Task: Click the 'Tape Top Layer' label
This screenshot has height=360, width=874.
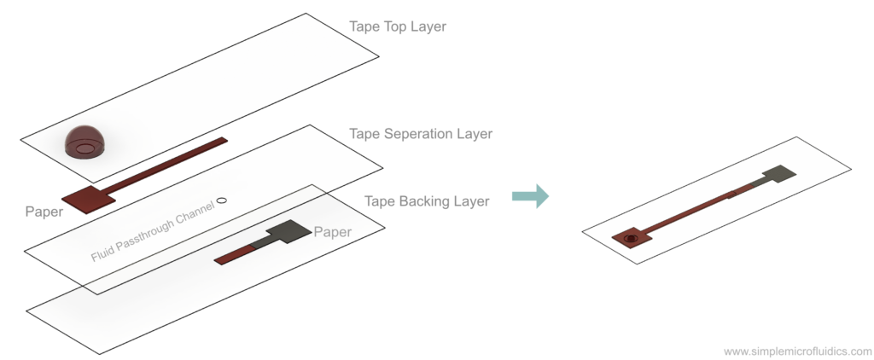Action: pos(398,26)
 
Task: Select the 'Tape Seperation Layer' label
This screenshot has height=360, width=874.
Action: pos(421,134)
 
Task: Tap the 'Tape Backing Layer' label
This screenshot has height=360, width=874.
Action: pos(427,201)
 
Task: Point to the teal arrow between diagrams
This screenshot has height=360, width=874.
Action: pos(529,197)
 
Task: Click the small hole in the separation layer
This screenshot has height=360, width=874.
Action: pos(222,200)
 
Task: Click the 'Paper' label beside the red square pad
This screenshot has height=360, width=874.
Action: pos(44,211)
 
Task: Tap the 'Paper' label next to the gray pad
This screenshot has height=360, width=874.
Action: pos(332,231)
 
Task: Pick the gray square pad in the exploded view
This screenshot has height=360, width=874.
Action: pos(288,229)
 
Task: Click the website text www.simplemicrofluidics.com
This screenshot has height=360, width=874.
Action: pos(797,351)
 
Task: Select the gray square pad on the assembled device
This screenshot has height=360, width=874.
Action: pos(779,175)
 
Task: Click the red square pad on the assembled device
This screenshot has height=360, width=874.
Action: pos(632,238)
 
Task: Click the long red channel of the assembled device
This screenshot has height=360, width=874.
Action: pos(691,213)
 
